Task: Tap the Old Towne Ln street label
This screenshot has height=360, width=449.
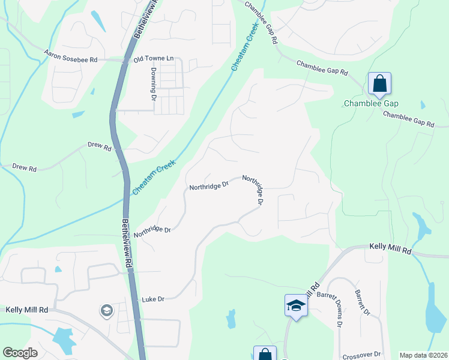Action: coord(153,59)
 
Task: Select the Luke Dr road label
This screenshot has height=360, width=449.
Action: coord(153,299)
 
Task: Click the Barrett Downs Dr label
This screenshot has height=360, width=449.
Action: coord(338,311)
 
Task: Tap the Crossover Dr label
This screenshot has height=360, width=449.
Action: coord(360,355)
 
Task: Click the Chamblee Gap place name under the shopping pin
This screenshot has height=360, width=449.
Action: coord(371,103)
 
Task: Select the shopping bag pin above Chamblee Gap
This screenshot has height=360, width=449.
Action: coord(379,84)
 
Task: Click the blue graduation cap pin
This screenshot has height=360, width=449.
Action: coord(296,305)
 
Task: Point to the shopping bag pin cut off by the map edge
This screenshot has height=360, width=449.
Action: coord(265,354)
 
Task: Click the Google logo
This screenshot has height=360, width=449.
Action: coord(20,353)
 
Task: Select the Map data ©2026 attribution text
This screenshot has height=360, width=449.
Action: coord(423,355)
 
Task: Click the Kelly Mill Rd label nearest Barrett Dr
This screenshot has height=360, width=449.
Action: coord(390,247)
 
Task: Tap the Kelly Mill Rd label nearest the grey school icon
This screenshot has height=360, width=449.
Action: coord(26,310)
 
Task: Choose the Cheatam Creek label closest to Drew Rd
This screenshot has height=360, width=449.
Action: coord(154,176)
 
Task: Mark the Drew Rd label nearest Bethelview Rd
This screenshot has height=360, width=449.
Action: coord(100,148)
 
